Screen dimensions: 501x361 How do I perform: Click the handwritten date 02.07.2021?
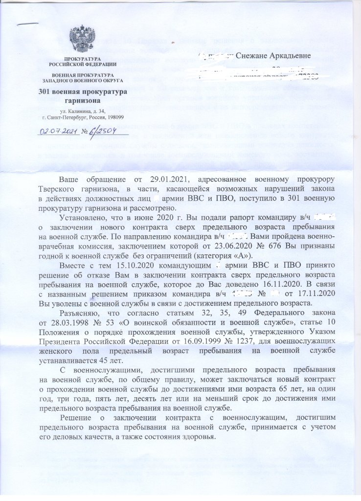[x=58, y=131]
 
